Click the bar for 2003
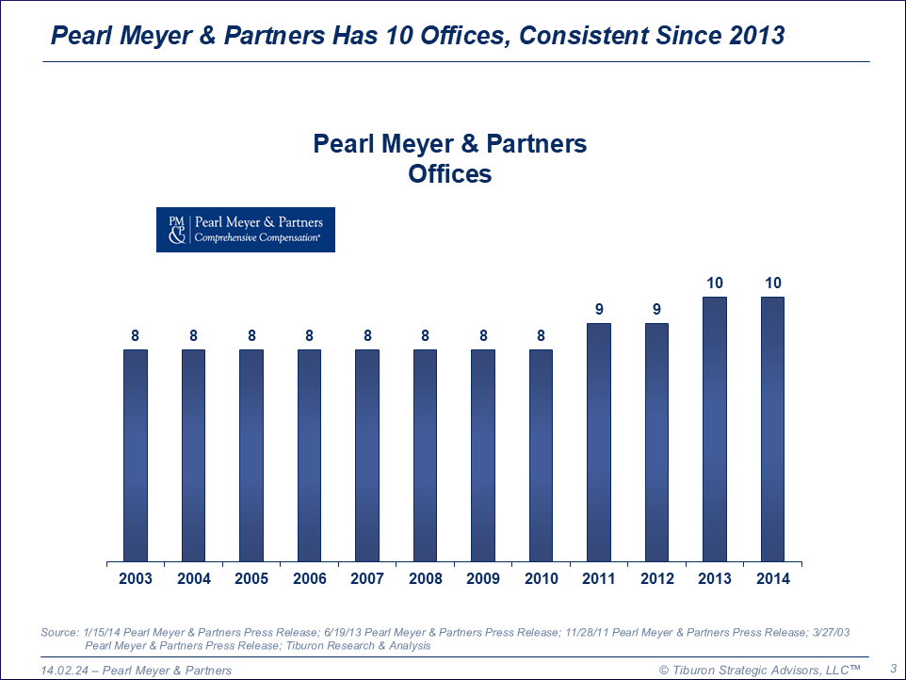point(136,456)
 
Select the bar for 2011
point(599,443)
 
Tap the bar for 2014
point(772,429)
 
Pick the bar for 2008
point(426,456)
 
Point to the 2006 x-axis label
point(310,578)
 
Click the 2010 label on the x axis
point(542,578)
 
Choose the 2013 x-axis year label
point(715,578)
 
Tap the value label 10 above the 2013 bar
point(715,283)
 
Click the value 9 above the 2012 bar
point(656,309)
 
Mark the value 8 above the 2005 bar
point(251,335)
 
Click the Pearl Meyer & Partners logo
point(245,230)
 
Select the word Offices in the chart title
point(450,174)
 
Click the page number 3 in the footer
point(892,669)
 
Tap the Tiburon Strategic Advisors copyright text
point(760,670)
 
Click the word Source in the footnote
point(59,632)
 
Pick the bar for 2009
point(483,456)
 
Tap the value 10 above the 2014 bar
point(772,283)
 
